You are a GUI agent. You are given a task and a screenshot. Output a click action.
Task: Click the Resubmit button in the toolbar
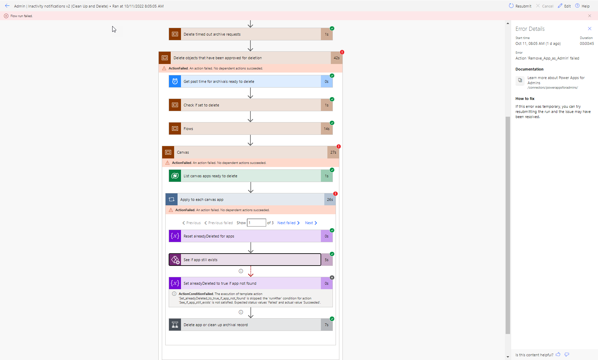coord(520,6)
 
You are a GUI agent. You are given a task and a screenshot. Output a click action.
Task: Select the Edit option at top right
coord(564,6)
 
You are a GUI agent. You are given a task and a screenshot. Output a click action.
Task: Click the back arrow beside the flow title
coord(7,6)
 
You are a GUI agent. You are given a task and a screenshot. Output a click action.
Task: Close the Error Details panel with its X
coord(589,29)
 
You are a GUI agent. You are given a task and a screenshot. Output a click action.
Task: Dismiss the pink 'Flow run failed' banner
coord(589,16)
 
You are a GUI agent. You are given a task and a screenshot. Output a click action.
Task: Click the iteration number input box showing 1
coord(256,223)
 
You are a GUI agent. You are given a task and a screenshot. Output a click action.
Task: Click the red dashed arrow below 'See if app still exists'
coord(251,271)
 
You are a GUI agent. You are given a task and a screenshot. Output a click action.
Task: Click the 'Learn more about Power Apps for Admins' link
coord(556,80)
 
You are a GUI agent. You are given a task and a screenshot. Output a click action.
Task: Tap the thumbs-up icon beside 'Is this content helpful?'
coord(558,355)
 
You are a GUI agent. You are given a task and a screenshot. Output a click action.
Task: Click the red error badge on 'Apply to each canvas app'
coord(335,194)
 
